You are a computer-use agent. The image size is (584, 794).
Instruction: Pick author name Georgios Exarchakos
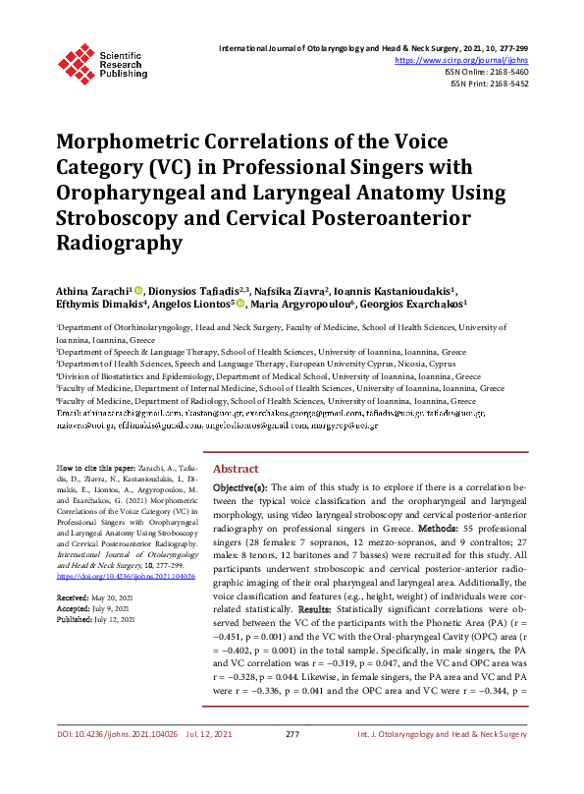[x=421, y=305]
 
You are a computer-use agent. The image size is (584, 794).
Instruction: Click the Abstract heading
[x=236, y=470]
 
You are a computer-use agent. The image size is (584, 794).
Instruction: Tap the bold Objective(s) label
[x=239, y=486]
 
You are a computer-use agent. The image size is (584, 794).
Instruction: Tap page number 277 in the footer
[x=292, y=761]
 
